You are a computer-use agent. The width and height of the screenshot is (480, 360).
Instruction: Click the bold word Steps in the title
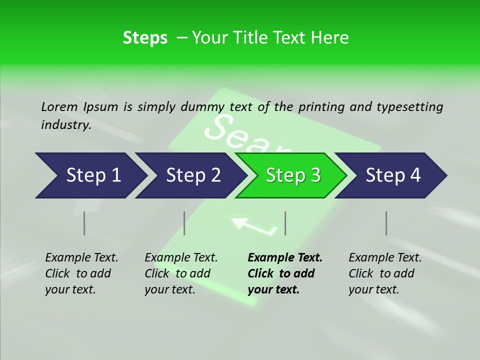pyautogui.click(x=145, y=38)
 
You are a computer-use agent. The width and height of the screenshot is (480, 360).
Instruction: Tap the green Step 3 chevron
pyautogui.click(x=292, y=175)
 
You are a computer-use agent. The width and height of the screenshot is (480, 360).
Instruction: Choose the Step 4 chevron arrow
pyautogui.click(x=392, y=175)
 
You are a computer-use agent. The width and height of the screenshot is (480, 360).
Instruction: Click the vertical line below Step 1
pyautogui.click(x=84, y=223)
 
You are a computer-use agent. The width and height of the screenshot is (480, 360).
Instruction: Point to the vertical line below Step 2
pyautogui.click(x=184, y=223)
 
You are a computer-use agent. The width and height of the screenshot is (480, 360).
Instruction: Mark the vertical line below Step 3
pyautogui.click(x=285, y=223)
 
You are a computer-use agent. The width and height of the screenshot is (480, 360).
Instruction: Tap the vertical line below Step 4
pyautogui.click(x=386, y=223)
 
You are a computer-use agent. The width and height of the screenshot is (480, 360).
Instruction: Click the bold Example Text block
pyautogui.click(x=284, y=273)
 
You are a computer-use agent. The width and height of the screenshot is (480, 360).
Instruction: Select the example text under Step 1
pyautogui.click(x=81, y=273)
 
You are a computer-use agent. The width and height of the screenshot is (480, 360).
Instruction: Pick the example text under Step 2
pyautogui.click(x=181, y=273)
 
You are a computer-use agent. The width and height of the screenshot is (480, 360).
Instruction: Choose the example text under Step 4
pyautogui.click(x=385, y=273)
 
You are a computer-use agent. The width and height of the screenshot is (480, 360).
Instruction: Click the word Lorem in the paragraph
pyautogui.click(x=59, y=106)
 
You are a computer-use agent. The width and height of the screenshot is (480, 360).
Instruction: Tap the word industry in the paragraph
pyautogui.click(x=66, y=125)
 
